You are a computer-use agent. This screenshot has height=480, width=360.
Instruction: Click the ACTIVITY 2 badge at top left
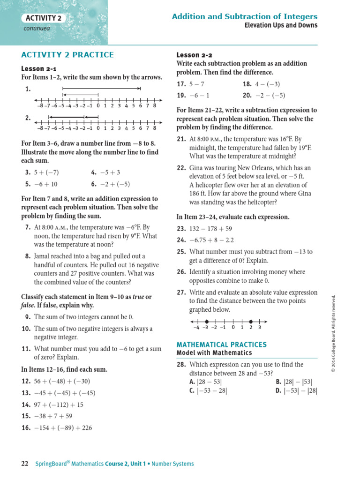[x=43, y=18]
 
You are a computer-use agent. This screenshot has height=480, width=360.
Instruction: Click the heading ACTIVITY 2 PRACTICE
[x=67, y=55]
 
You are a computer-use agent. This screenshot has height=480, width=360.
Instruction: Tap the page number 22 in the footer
[x=25, y=464]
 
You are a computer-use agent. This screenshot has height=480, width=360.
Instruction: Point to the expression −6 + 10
[x=45, y=184]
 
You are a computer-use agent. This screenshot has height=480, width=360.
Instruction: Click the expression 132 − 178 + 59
[x=210, y=229]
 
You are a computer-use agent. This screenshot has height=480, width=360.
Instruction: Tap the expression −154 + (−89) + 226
[x=70, y=427]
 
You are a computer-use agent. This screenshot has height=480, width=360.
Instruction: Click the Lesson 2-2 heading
[x=194, y=55]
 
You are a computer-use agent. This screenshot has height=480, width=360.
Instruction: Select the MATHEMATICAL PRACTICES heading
[x=221, y=345]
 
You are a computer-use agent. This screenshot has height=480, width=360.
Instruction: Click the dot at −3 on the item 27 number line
[x=206, y=322]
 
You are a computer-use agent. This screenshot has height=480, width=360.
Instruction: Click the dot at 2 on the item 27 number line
[x=251, y=322]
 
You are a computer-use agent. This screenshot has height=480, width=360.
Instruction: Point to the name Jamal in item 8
[x=43, y=256]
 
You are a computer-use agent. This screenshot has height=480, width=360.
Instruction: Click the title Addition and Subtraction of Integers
[x=244, y=16]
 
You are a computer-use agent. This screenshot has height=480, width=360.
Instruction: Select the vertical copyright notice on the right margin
[x=333, y=333]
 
